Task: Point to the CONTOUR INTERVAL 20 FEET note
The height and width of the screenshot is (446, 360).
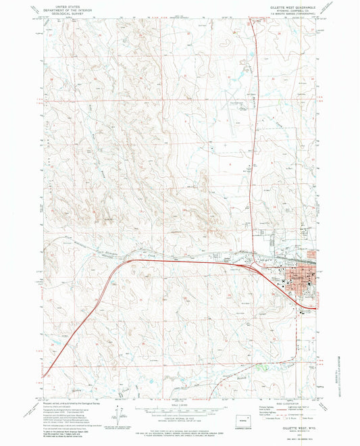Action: (180, 416)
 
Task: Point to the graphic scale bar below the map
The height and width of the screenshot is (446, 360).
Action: (180, 405)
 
